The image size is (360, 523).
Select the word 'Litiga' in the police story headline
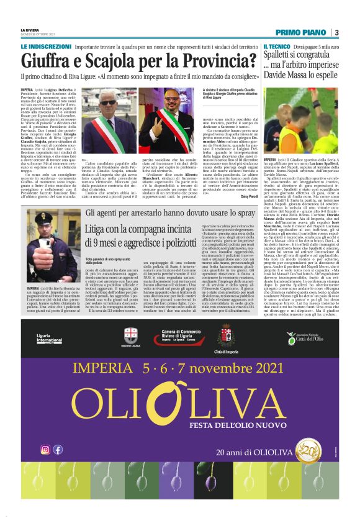100,229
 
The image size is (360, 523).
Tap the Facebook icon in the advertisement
58,449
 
